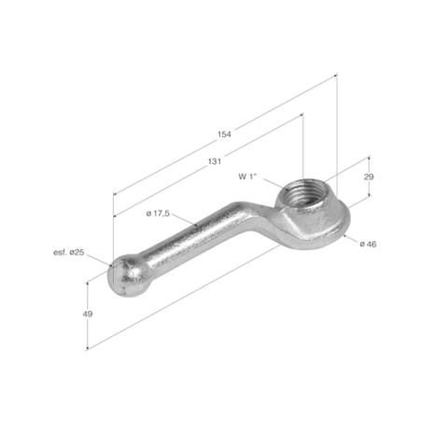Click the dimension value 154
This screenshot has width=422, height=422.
[x=224, y=134]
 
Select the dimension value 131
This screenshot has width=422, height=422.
[x=214, y=162]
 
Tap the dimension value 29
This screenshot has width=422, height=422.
[x=369, y=176]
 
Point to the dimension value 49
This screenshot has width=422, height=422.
[x=88, y=314]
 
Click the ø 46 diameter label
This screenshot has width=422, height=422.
[x=368, y=245]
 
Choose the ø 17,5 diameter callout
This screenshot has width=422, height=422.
[x=158, y=214]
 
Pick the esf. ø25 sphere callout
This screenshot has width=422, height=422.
[x=69, y=252]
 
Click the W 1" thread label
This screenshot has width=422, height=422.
[x=248, y=176]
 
